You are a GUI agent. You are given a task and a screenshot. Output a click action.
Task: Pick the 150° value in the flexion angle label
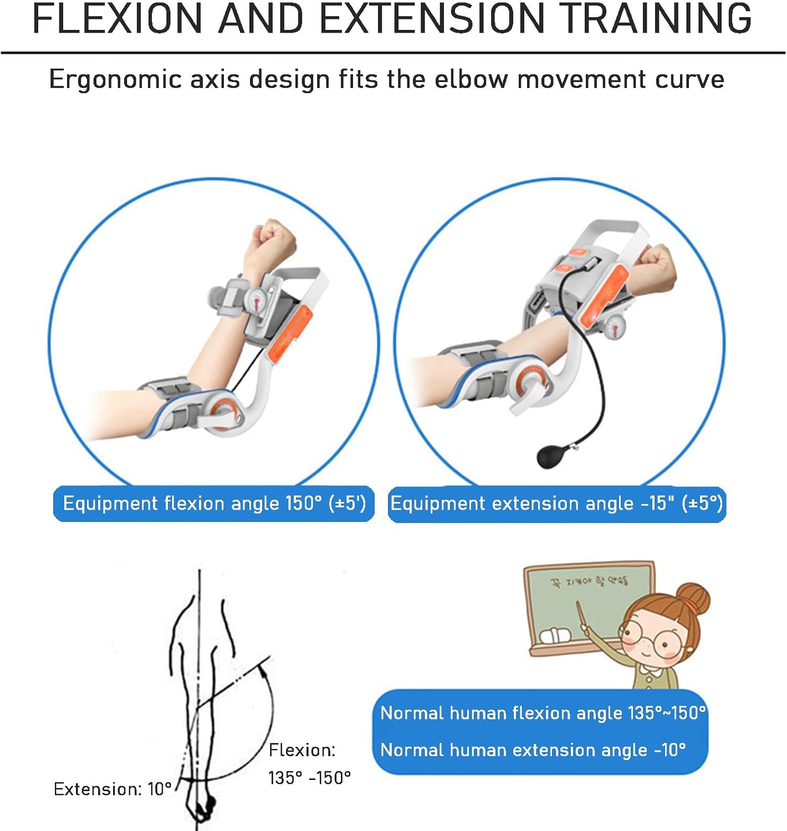(x=303, y=503)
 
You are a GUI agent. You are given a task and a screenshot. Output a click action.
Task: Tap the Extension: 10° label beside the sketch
(x=113, y=789)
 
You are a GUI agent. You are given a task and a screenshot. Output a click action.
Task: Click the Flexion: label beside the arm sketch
(x=302, y=750)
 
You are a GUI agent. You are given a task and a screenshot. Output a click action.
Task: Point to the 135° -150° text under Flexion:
(x=309, y=778)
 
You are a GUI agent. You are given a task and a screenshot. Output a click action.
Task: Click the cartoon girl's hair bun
(x=693, y=598)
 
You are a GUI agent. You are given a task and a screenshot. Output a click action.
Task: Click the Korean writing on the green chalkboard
(x=589, y=581)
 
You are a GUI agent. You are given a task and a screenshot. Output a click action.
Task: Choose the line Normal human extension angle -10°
(x=533, y=750)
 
